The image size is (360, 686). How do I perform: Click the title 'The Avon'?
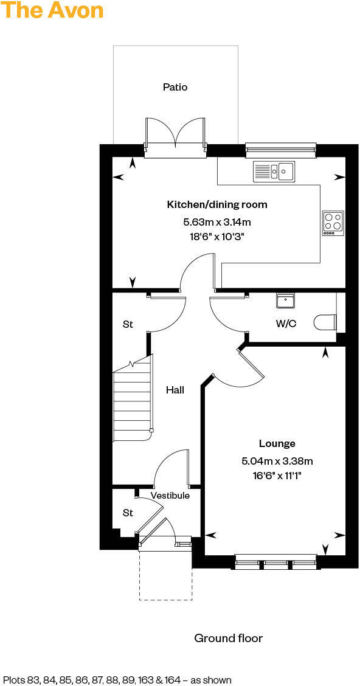pyautogui.click(x=52, y=10)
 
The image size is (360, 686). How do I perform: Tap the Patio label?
pyautogui.click(x=175, y=87)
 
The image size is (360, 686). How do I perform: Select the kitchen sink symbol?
pyautogui.click(x=274, y=171)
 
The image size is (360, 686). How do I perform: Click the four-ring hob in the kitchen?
pyautogui.click(x=333, y=223)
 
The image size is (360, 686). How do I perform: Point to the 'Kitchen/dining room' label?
pyautogui.click(x=217, y=204)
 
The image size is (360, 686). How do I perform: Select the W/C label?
pyautogui.click(x=286, y=324)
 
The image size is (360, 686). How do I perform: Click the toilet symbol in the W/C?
pyautogui.click(x=324, y=322)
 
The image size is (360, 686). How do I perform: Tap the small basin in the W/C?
pyautogui.click(x=285, y=300)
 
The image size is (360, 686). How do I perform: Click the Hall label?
pyautogui.click(x=175, y=390)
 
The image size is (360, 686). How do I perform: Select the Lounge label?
pyautogui.click(x=277, y=443)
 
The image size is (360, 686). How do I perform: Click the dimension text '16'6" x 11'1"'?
pyautogui.click(x=277, y=476)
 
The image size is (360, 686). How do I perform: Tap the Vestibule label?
pyautogui.click(x=170, y=496)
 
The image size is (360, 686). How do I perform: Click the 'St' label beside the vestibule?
pyautogui.click(x=128, y=513)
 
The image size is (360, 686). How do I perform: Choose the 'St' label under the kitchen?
pyautogui.click(x=128, y=324)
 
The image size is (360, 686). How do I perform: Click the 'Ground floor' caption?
pyautogui.click(x=228, y=638)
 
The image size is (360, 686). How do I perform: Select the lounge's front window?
pyautogui.click(x=275, y=563)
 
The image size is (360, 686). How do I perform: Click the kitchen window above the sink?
pyautogui.click(x=280, y=148)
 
